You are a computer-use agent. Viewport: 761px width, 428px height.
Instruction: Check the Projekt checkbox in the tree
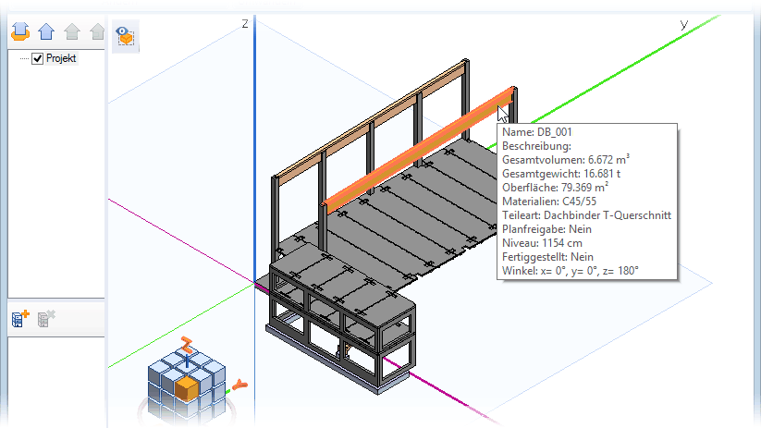37,59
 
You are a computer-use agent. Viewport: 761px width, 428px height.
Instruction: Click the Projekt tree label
61,58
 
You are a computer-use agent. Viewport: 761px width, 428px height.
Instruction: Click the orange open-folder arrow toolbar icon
20,31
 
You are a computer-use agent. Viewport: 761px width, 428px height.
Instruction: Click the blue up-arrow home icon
46,31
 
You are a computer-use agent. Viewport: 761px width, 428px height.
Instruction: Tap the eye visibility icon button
125,36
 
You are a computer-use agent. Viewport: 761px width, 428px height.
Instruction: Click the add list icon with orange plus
20,319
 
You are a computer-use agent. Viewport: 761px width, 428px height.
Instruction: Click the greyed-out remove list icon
46,319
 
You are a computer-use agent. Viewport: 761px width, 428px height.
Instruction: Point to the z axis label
245,23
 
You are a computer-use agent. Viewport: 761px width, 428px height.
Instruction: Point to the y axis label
684,24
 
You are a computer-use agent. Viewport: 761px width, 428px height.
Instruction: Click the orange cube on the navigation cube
187,388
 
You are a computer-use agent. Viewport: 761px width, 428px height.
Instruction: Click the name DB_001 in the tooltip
554,132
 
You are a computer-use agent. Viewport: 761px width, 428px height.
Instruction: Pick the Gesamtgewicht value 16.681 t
602,174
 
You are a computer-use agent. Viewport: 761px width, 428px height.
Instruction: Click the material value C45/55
579,202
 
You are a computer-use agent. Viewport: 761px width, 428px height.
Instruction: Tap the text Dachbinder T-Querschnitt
608,215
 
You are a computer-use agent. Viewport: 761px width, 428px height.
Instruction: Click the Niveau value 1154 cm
562,243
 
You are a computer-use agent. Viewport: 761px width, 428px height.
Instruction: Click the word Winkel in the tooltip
519,271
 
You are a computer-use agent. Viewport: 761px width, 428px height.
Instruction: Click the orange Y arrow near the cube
239,385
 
